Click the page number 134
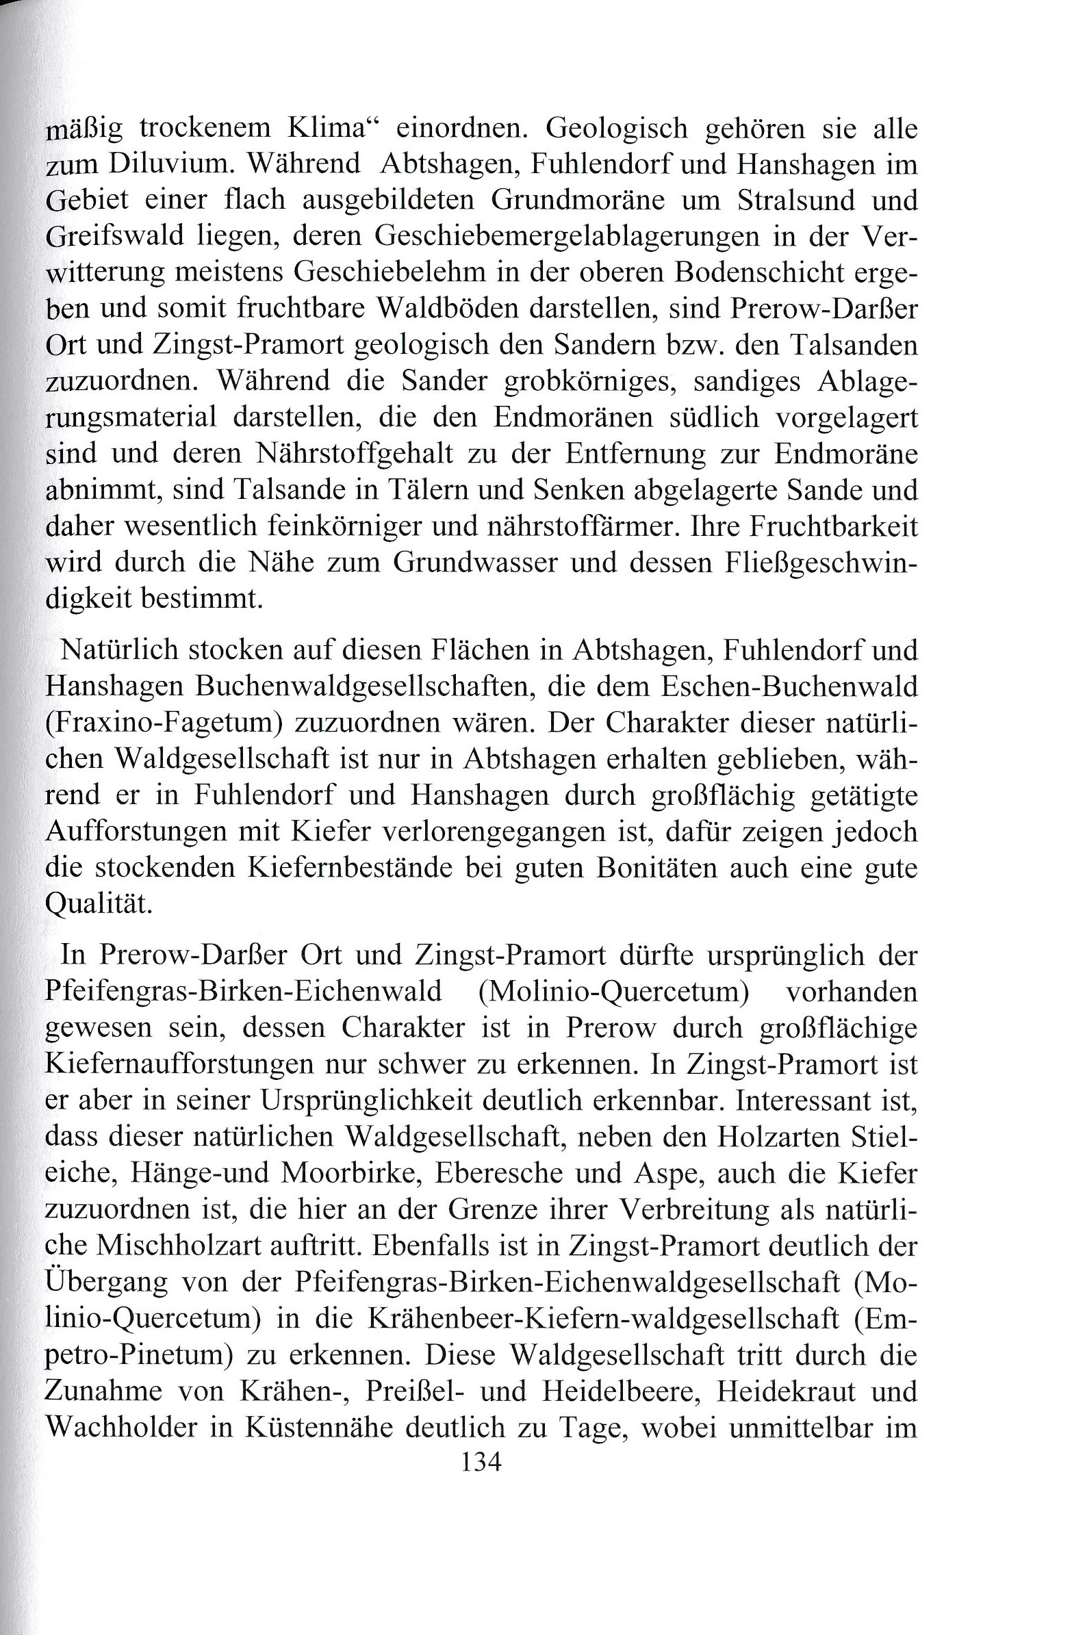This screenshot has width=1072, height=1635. click(x=481, y=1461)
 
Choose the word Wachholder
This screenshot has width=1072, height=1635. click(x=127, y=1426)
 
